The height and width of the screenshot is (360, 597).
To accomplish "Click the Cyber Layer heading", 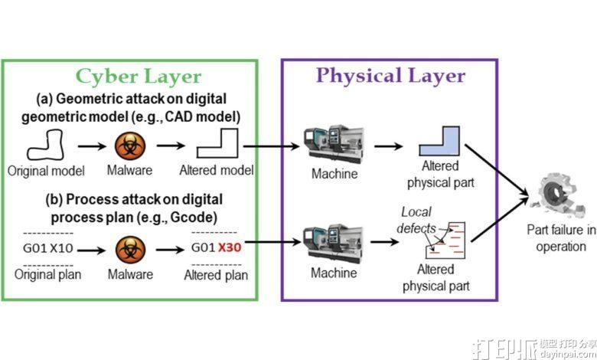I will pyautogui.click(x=137, y=77).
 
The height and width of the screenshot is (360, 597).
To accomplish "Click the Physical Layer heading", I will pyautogui.click(x=390, y=75).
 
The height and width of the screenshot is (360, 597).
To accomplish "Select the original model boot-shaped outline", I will pyautogui.click(x=44, y=144).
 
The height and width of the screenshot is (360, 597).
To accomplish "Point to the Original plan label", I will pyautogui.click(x=44, y=274).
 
